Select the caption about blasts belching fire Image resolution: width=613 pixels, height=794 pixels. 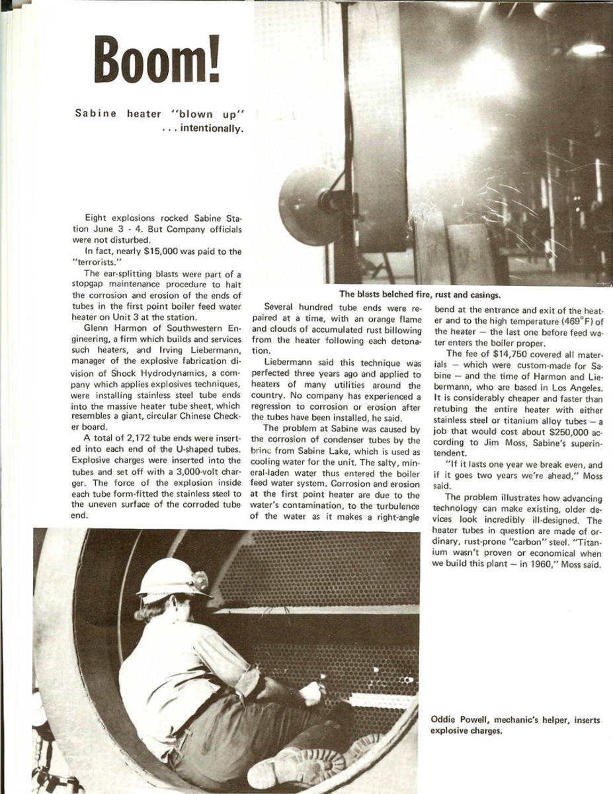point(419,295)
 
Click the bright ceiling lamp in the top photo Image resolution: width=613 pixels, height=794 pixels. point(587,48)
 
